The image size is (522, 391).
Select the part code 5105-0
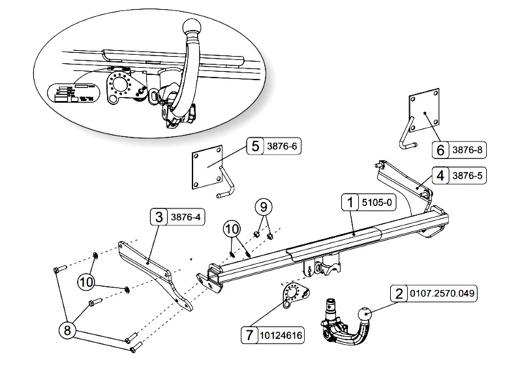tap(378, 203)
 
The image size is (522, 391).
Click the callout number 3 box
tap(159, 216)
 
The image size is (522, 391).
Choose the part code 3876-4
tap(186, 216)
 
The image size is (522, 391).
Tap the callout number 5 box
tap(254, 146)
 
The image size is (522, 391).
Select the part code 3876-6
tap(281, 146)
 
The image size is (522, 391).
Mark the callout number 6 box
tap(440, 150)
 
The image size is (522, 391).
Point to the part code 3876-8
tap(468, 150)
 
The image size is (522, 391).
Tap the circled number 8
tap(67, 330)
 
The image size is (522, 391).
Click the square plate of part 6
tap(424, 113)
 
